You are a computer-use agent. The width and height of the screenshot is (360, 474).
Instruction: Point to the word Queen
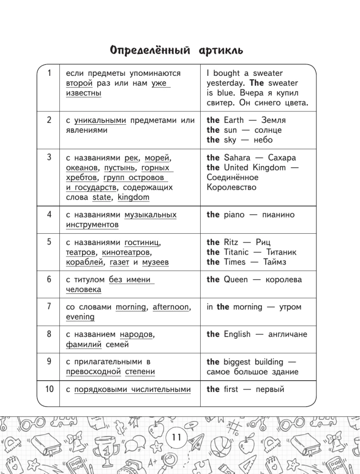click(x=235, y=280)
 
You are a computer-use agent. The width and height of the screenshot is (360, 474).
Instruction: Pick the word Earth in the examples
click(x=233, y=120)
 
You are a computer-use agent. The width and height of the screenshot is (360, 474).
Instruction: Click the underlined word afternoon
click(x=170, y=307)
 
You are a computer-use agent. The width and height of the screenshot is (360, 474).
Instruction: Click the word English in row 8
click(x=237, y=335)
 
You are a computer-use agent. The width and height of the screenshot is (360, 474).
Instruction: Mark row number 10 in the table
click(x=49, y=390)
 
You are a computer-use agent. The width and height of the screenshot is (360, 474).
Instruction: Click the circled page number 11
click(x=177, y=437)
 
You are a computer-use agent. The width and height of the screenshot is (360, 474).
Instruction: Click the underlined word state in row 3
click(x=101, y=197)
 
